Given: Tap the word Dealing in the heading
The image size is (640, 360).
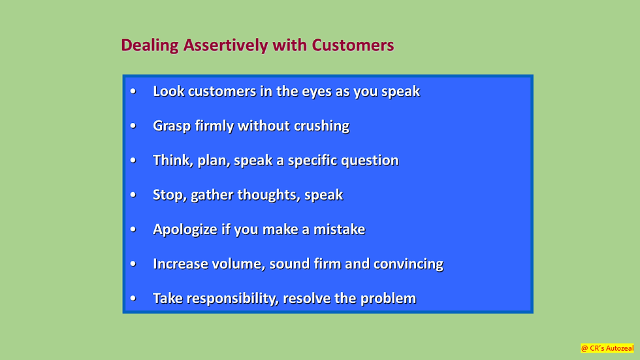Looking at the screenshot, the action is [150, 46].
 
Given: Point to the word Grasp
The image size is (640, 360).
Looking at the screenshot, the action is [172, 126].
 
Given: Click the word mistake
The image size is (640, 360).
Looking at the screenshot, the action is [339, 229].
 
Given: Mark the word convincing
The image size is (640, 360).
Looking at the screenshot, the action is [408, 265].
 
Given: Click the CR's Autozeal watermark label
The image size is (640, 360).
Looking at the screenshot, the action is [607, 348].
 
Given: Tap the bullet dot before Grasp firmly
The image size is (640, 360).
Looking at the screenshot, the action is [133, 126].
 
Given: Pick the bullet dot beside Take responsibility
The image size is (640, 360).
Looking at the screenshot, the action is [133, 299].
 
